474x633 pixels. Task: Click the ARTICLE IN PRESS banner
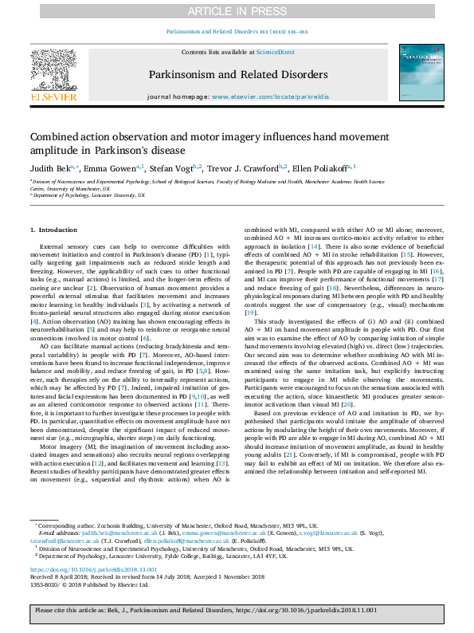click(237, 10)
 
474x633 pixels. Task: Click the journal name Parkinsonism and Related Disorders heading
click(237, 74)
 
